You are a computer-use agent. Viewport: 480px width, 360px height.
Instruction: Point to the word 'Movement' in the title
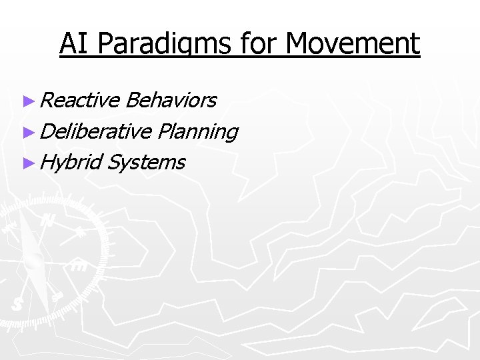[x=353, y=44]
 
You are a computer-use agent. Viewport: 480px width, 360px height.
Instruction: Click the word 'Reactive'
[x=79, y=100]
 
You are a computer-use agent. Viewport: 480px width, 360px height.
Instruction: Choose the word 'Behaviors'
[x=170, y=100]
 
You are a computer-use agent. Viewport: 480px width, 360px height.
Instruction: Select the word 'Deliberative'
[x=95, y=131]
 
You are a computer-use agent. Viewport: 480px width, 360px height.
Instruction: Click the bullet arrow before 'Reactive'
[x=27, y=101]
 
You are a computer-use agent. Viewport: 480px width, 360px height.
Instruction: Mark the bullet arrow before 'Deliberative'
[x=27, y=131]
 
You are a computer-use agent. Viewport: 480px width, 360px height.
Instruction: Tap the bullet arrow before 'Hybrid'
[x=27, y=162]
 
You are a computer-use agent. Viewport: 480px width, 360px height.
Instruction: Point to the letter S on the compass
[x=17, y=304]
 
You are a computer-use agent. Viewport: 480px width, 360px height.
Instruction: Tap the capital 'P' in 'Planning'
[x=165, y=131]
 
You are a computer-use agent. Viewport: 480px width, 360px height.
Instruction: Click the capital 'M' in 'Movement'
[x=299, y=44]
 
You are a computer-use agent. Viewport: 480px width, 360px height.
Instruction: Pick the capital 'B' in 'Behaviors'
[x=131, y=100]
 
